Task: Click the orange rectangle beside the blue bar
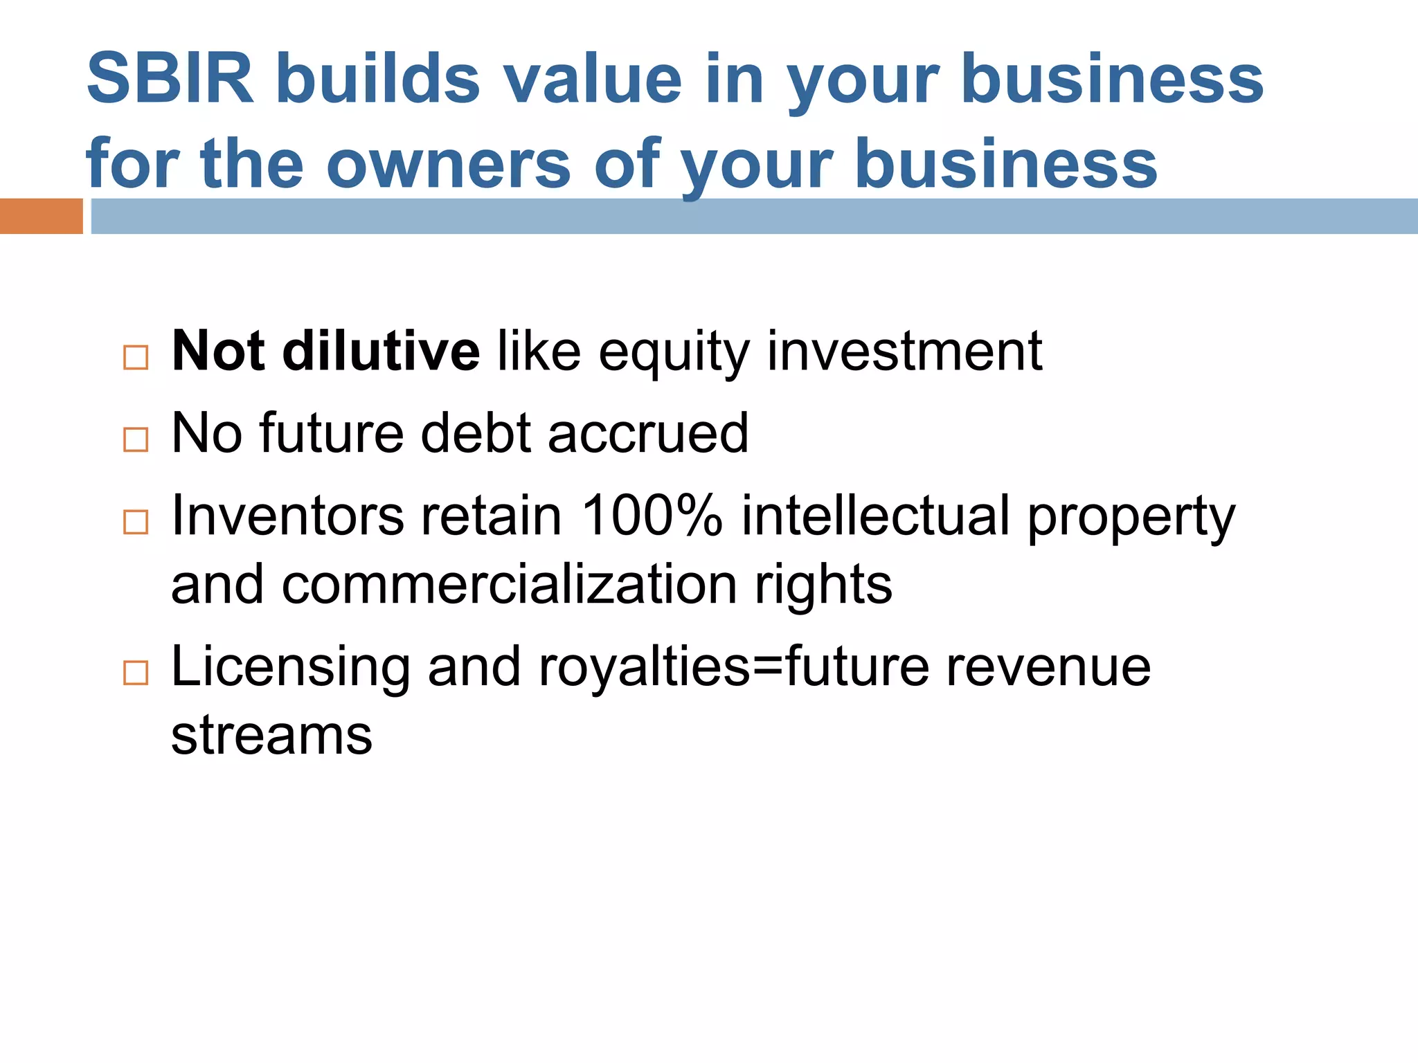click(x=41, y=216)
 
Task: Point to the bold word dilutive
click(x=381, y=351)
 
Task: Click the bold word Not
click(x=217, y=351)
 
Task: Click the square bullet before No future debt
click(x=136, y=439)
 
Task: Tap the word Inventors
click(x=287, y=516)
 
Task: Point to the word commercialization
click(x=509, y=585)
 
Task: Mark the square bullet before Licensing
click(x=136, y=673)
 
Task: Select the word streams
click(x=271, y=735)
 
